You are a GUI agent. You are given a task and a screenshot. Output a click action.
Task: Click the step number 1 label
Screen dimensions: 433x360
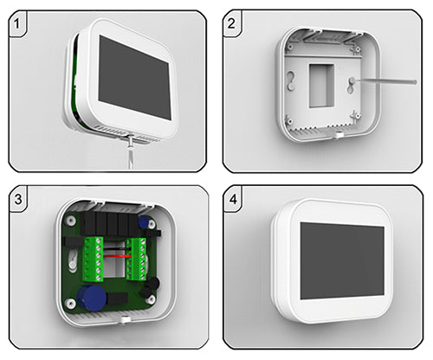pos(17,23)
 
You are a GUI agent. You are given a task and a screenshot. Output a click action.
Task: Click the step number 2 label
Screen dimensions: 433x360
pos(231,23)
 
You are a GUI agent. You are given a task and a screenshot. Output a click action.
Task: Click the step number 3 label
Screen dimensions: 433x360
pos(18,199)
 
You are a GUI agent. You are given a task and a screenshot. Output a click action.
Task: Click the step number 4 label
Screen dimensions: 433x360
pos(233,199)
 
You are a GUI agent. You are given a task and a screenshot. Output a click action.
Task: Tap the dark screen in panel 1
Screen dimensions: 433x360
pos(134,77)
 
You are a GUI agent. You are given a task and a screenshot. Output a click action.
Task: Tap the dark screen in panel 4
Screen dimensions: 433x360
pos(342,261)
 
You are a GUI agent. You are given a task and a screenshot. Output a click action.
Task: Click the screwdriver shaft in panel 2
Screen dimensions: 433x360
pos(385,81)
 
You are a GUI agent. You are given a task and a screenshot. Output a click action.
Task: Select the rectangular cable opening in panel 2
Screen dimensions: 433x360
pos(321,86)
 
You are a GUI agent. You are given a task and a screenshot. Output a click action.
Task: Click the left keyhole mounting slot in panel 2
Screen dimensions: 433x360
pos(291,80)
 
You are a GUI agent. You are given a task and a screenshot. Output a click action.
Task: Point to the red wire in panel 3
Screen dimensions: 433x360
pos(118,256)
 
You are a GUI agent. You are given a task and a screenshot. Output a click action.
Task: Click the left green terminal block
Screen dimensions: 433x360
pos(93,259)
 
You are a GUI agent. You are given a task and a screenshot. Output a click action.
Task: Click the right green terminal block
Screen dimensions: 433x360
pos(136,259)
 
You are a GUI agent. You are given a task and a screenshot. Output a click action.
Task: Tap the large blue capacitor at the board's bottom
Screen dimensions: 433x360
pos(92,299)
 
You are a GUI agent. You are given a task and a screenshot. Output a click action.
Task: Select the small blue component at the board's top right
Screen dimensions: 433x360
pos(144,222)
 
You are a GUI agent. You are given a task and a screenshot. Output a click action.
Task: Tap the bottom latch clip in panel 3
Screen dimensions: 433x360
pos(124,319)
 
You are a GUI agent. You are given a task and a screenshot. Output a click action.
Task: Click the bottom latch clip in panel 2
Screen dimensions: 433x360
pos(337,134)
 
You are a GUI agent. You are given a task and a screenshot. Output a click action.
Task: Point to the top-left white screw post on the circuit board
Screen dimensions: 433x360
pos(70,221)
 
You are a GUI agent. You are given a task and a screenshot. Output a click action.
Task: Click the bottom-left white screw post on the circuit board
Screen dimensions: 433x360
pos(70,304)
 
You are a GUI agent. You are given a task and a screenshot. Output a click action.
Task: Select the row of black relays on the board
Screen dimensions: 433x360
pos(110,223)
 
